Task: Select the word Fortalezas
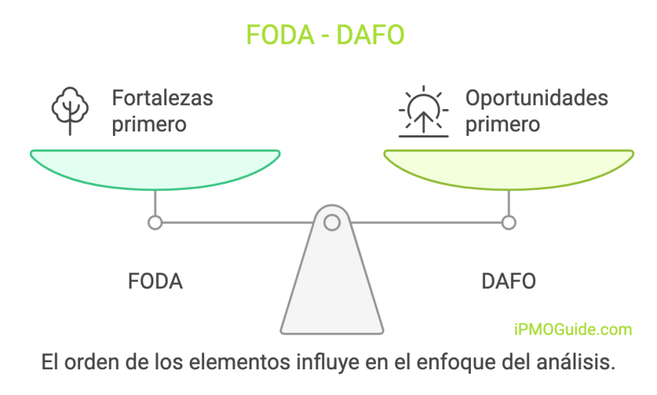tap(162, 98)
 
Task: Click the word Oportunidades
tap(536, 98)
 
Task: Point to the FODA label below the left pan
tap(155, 282)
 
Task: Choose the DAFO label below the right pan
tap(508, 282)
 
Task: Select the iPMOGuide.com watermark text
tap(573, 330)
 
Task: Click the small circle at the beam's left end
tap(155, 223)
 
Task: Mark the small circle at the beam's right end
tap(509, 223)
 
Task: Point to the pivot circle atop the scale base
tap(332, 223)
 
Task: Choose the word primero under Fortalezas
tap(149, 124)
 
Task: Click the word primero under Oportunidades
tap(502, 124)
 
